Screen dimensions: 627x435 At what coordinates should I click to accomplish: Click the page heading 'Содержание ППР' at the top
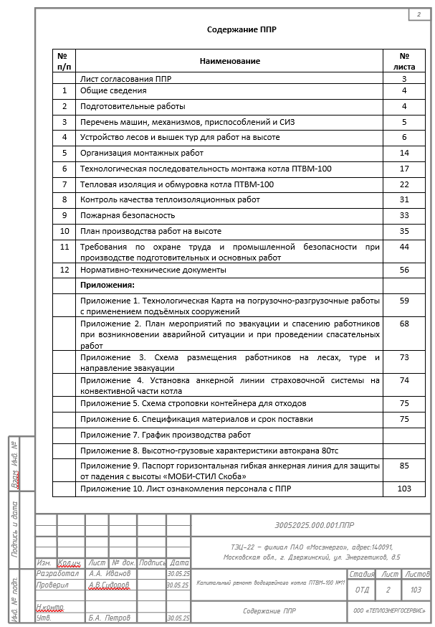tap(242, 29)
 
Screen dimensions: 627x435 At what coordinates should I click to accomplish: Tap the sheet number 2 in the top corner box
tap(418, 14)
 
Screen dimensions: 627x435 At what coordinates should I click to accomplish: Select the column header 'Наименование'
tap(229, 61)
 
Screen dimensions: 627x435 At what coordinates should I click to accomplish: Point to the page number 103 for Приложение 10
tap(404, 489)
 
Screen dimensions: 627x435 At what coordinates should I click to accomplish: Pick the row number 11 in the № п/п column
tap(64, 247)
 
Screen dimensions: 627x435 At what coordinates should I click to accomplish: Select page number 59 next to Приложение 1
tap(404, 301)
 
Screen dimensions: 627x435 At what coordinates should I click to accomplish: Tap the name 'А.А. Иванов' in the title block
tap(110, 573)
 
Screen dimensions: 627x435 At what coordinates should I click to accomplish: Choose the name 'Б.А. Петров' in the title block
tap(110, 617)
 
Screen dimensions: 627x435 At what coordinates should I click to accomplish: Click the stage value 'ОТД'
tap(362, 590)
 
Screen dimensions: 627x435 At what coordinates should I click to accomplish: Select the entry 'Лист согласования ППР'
tap(125, 78)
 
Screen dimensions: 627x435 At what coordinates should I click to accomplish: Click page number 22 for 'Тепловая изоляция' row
tap(404, 184)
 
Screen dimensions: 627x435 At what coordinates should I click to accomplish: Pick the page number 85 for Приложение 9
tap(404, 466)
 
